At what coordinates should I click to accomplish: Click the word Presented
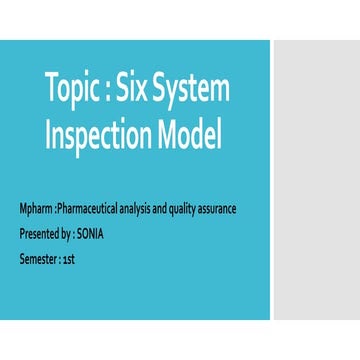[39, 234]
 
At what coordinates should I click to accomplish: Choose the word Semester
[37, 259]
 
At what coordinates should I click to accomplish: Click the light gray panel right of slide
[316, 180]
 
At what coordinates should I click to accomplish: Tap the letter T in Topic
[52, 90]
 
